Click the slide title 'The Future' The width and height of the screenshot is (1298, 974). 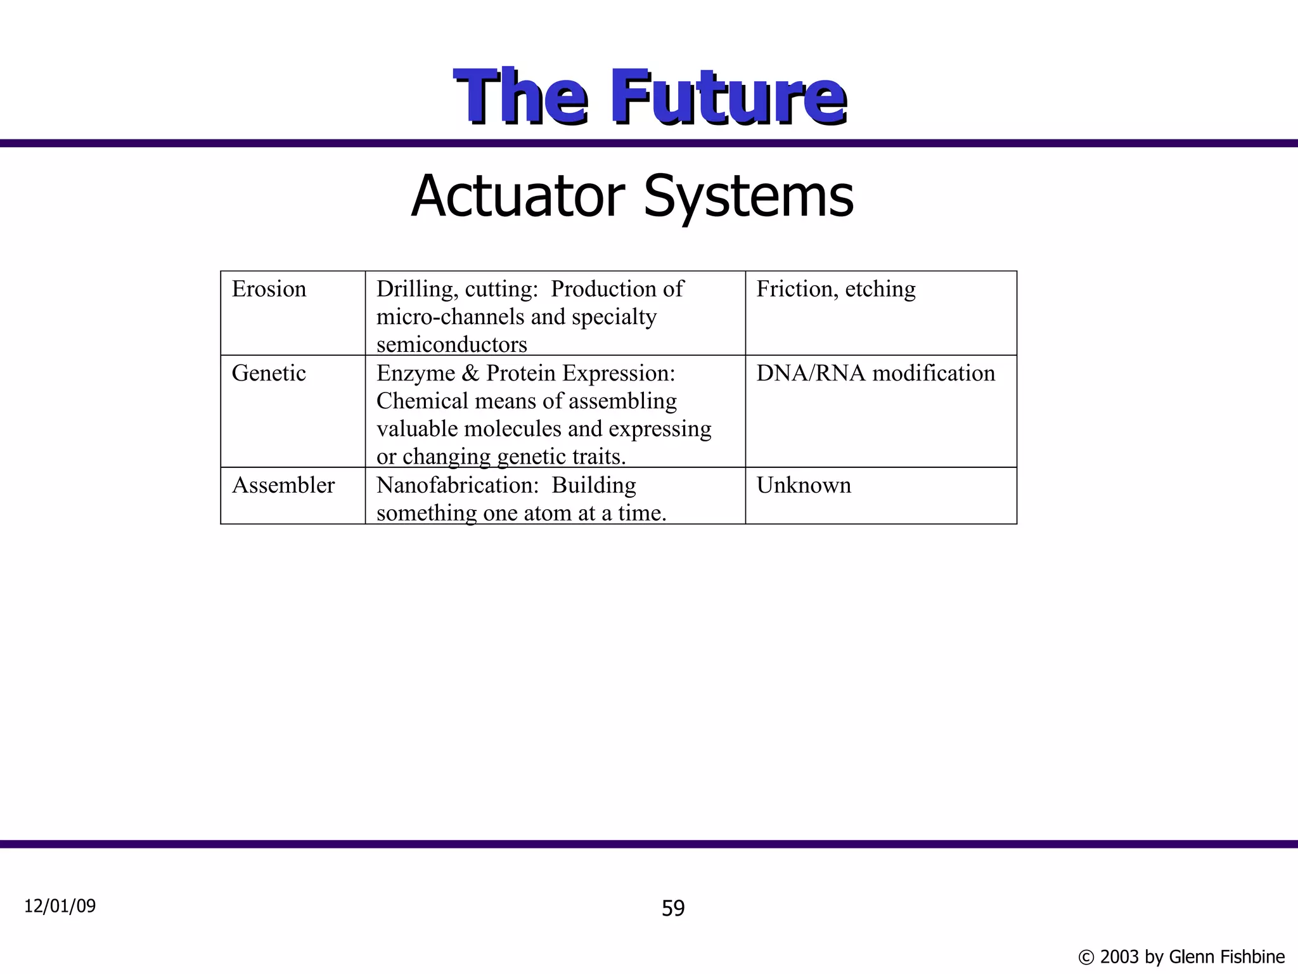click(x=650, y=97)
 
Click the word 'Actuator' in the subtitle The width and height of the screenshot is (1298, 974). click(x=518, y=196)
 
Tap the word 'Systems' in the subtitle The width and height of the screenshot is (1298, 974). click(x=749, y=197)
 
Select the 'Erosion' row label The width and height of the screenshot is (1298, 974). click(x=269, y=289)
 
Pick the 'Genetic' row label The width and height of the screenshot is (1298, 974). click(x=269, y=373)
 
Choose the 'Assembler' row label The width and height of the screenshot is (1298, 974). click(x=283, y=485)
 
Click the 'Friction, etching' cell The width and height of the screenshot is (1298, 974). click(x=836, y=289)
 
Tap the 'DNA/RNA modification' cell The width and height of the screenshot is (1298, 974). click(x=875, y=373)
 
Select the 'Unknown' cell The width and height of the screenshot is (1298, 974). click(x=804, y=485)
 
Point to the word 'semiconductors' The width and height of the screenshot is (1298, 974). click(x=451, y=344)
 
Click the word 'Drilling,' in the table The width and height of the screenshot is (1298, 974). click(x=417, y=289)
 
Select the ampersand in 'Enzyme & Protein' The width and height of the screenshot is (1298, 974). click(x=470, y=373)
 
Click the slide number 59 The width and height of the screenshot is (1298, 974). click(x=673, y=909)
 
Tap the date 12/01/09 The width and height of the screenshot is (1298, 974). click(x=60, y=906)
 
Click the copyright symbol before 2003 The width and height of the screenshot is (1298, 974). click(x=1086, y=958)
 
